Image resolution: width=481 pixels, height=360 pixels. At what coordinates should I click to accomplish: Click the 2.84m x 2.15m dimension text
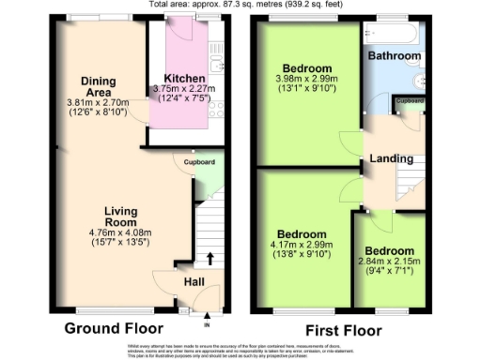(x=389, y=263)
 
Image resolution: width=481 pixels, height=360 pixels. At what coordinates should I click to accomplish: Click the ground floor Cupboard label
(x=198, y=160)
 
